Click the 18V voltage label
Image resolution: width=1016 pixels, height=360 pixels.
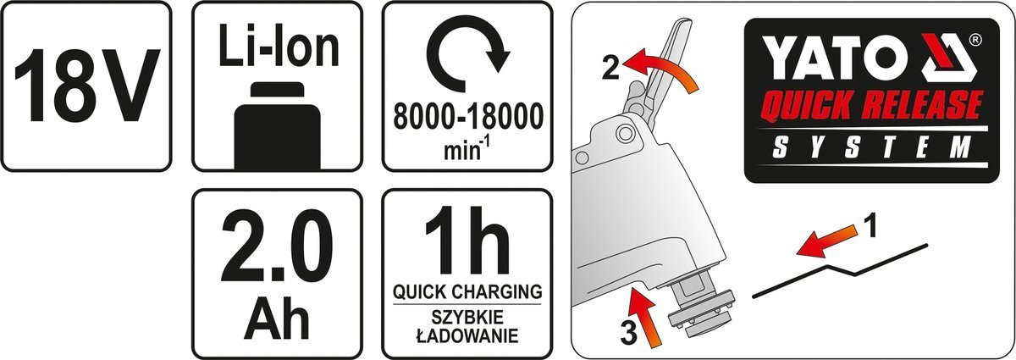click(86, 85)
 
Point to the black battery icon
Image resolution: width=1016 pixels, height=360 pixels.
click(278, 125)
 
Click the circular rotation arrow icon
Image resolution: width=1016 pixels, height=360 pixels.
click(468, 58)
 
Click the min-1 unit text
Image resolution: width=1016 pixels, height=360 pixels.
click(468, 148)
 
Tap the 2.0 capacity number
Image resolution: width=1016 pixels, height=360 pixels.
click(277, 244)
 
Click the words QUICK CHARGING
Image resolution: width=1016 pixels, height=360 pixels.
click(467, 291)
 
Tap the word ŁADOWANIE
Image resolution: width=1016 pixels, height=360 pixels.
click(467, 336)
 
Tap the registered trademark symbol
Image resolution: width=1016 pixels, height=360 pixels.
click(970, 41)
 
